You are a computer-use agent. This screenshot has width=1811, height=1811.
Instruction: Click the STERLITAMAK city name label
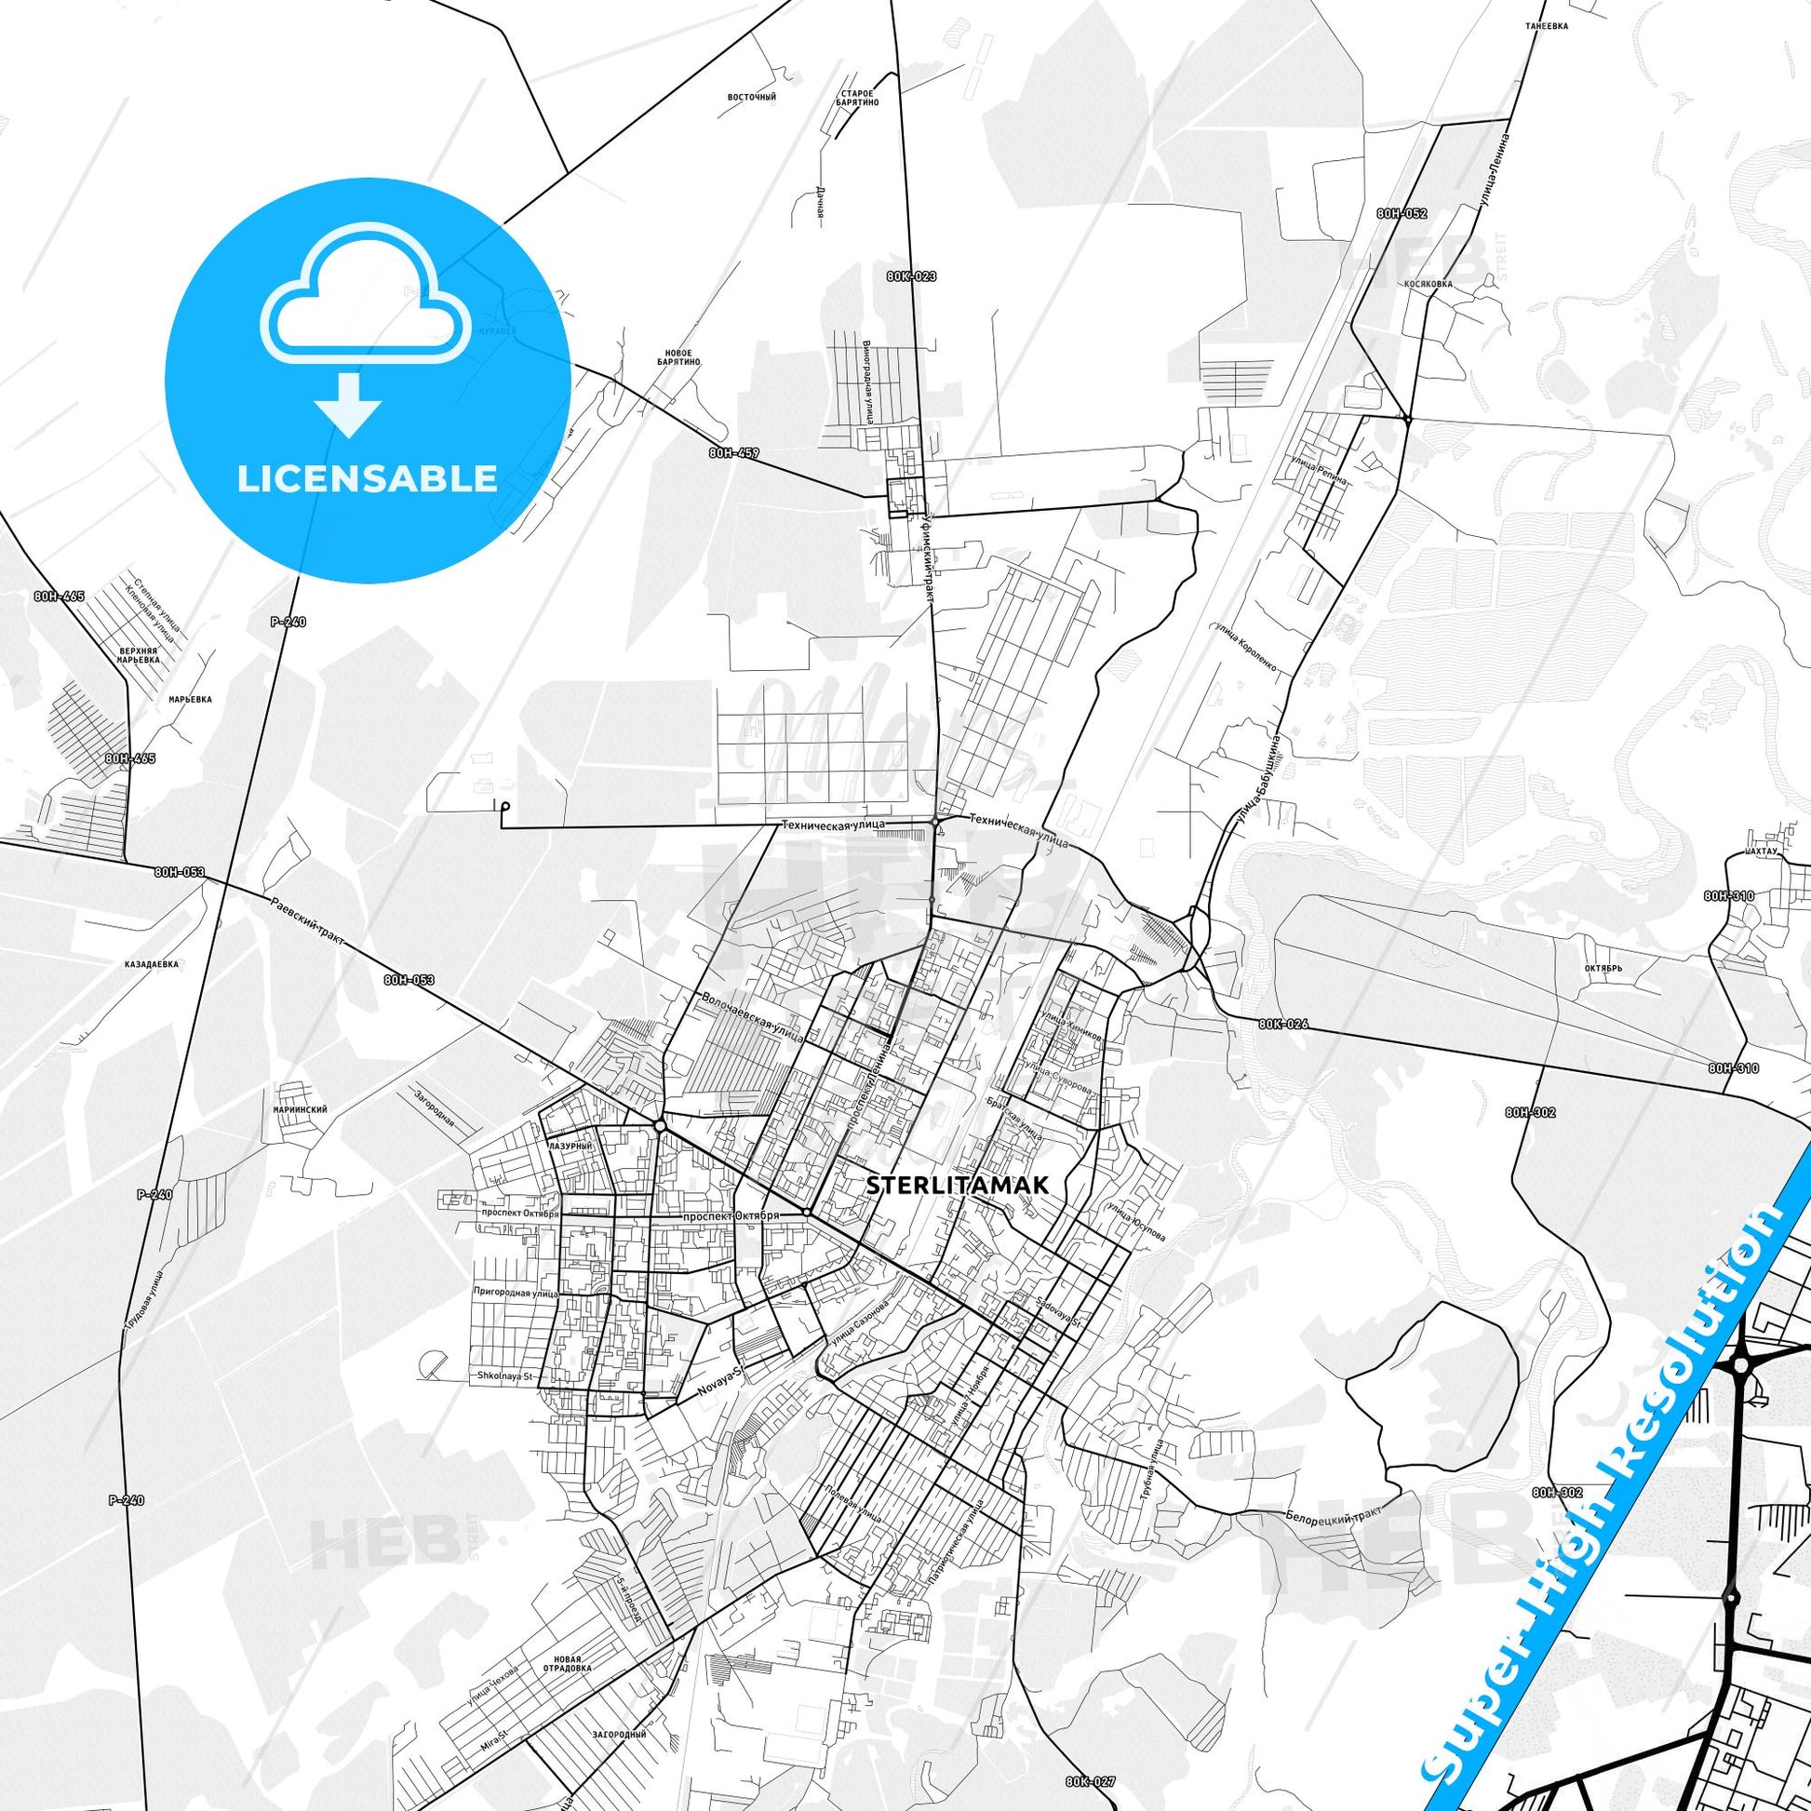point(952,1185)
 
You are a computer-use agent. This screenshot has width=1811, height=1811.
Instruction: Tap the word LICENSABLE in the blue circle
point(367,479)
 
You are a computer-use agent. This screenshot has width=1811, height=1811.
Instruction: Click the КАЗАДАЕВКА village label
point(150,963)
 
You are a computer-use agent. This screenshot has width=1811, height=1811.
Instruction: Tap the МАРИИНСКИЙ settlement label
point(302,1110)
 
